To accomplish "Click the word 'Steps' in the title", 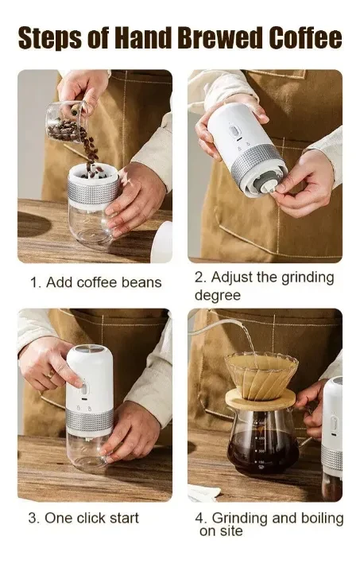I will pyautogui.click(x=55, y=37).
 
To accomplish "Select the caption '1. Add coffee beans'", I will pyautogui.click(x=95, y=282).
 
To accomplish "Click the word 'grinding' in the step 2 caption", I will pyautogui.click(x=306, y=278).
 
